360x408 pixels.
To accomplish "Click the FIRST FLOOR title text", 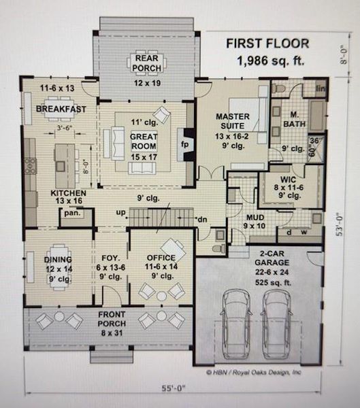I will click(x=267, y=44).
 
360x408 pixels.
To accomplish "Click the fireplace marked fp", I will click(x=183, y=145).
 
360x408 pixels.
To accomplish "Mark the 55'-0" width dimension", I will click(x=179, y=392).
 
